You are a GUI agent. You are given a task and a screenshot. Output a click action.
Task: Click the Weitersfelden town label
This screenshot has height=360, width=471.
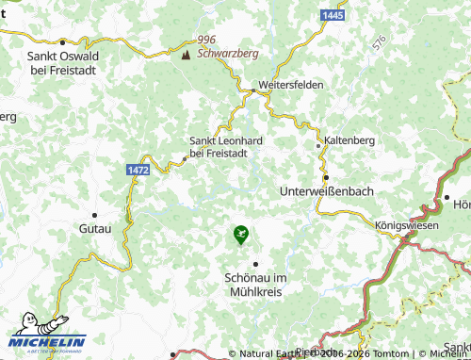pyautogui.click(x=292, y=84)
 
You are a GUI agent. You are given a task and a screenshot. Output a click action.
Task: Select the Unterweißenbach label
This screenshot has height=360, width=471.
pyautogui.click(x=327, y=190)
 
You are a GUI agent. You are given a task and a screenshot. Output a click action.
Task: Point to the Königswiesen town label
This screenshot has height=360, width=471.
pyautogui.click(x=408, y=226)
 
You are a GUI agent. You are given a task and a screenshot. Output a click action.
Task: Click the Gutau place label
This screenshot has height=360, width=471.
pyautogui.click(x=95, y=229)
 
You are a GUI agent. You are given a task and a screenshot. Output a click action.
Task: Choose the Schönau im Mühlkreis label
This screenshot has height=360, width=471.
pyautogui.click(x=255, y=285)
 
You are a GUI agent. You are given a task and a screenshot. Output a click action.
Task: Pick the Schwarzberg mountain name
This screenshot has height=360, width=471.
pyautogui.click(x=227, y=54)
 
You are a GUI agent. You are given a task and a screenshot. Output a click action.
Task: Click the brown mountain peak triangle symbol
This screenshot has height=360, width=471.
pyautogui.click(x=186, y=54)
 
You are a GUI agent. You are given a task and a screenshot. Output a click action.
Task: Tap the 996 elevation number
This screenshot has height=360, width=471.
pyautogui.click(x=207, y=40)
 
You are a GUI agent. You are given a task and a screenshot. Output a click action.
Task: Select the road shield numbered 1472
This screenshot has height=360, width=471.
pyautogui.click(x=138, y=169)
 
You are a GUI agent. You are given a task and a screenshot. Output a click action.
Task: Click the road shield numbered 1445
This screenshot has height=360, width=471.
pyautogui.click(x=332, y=16)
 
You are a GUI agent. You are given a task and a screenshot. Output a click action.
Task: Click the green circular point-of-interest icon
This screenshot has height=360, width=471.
pyautogui.click(x=240, y=231)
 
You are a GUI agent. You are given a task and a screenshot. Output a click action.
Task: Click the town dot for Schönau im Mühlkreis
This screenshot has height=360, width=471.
pyautogui.click(x=255, y=264)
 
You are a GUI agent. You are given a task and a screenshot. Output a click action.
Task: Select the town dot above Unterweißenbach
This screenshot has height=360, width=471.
pyautogui.click(x=326, y=176)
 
